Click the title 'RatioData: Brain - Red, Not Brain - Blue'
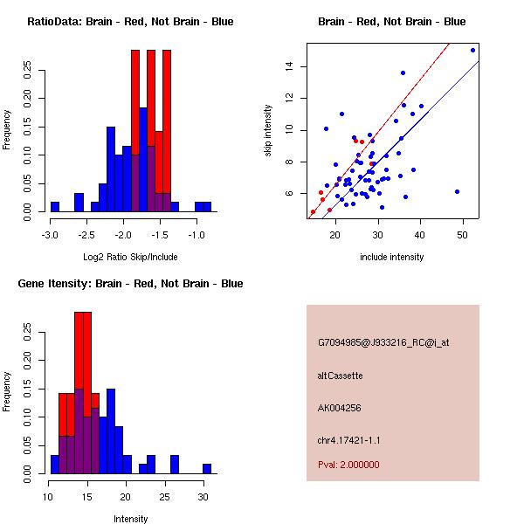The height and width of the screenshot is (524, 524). coord(129,22)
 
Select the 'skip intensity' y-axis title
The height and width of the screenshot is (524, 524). coord(269,130)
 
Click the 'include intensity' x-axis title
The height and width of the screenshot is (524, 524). coord(392,257)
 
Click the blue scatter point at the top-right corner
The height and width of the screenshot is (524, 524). coord(472,50)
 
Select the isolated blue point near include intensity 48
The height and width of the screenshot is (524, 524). coord(457,191)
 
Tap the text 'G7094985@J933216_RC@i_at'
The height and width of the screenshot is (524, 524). coord(383,343)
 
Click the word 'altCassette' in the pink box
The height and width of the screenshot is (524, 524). coord(340,376)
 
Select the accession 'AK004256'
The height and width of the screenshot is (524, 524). coord(340,408)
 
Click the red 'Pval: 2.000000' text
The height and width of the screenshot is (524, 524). coord(348,465)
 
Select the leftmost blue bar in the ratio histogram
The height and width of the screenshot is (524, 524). coord(55,207)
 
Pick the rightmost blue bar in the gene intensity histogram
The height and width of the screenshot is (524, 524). coord(207,469)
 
